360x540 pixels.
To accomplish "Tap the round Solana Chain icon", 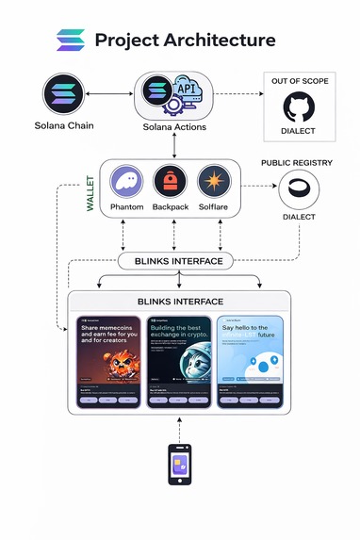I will coord(65,95).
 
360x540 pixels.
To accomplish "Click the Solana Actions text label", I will coord(175,127).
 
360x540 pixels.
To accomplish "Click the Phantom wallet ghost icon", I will coord(127,182).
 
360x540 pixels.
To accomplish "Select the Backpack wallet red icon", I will coord(172,182).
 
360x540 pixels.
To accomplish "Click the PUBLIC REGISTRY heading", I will coord(297,163).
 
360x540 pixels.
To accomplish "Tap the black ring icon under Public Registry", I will coord(297,190).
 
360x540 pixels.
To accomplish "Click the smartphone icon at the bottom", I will coord(180,465).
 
